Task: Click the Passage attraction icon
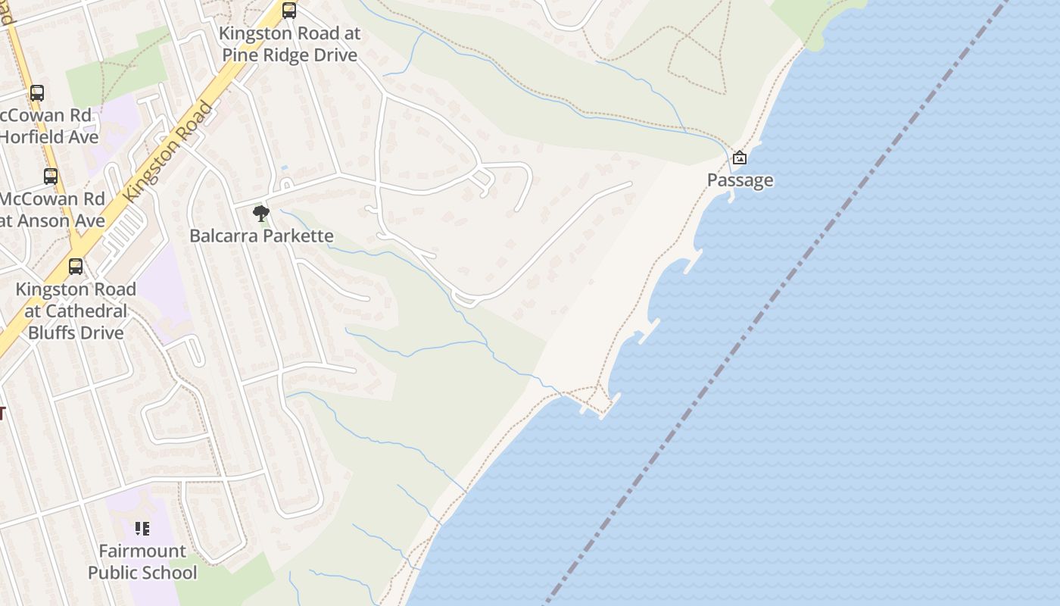point(740,158)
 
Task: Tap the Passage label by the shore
point(740,180)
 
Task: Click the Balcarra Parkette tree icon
point(261,213)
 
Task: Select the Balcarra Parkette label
point(261,236)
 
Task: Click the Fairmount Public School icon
point(142,528)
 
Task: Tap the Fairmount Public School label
point(142,561)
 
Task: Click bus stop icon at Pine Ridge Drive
point(289,11)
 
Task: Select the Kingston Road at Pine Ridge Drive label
point(289,45)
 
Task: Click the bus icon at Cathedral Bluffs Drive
point(76,267)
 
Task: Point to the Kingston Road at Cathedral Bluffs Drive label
point(76,311)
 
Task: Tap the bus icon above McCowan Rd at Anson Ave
point(51,176)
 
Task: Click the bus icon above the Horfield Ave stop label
point(37,93)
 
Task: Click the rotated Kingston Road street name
point(168,151)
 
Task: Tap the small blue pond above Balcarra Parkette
point(284,167)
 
